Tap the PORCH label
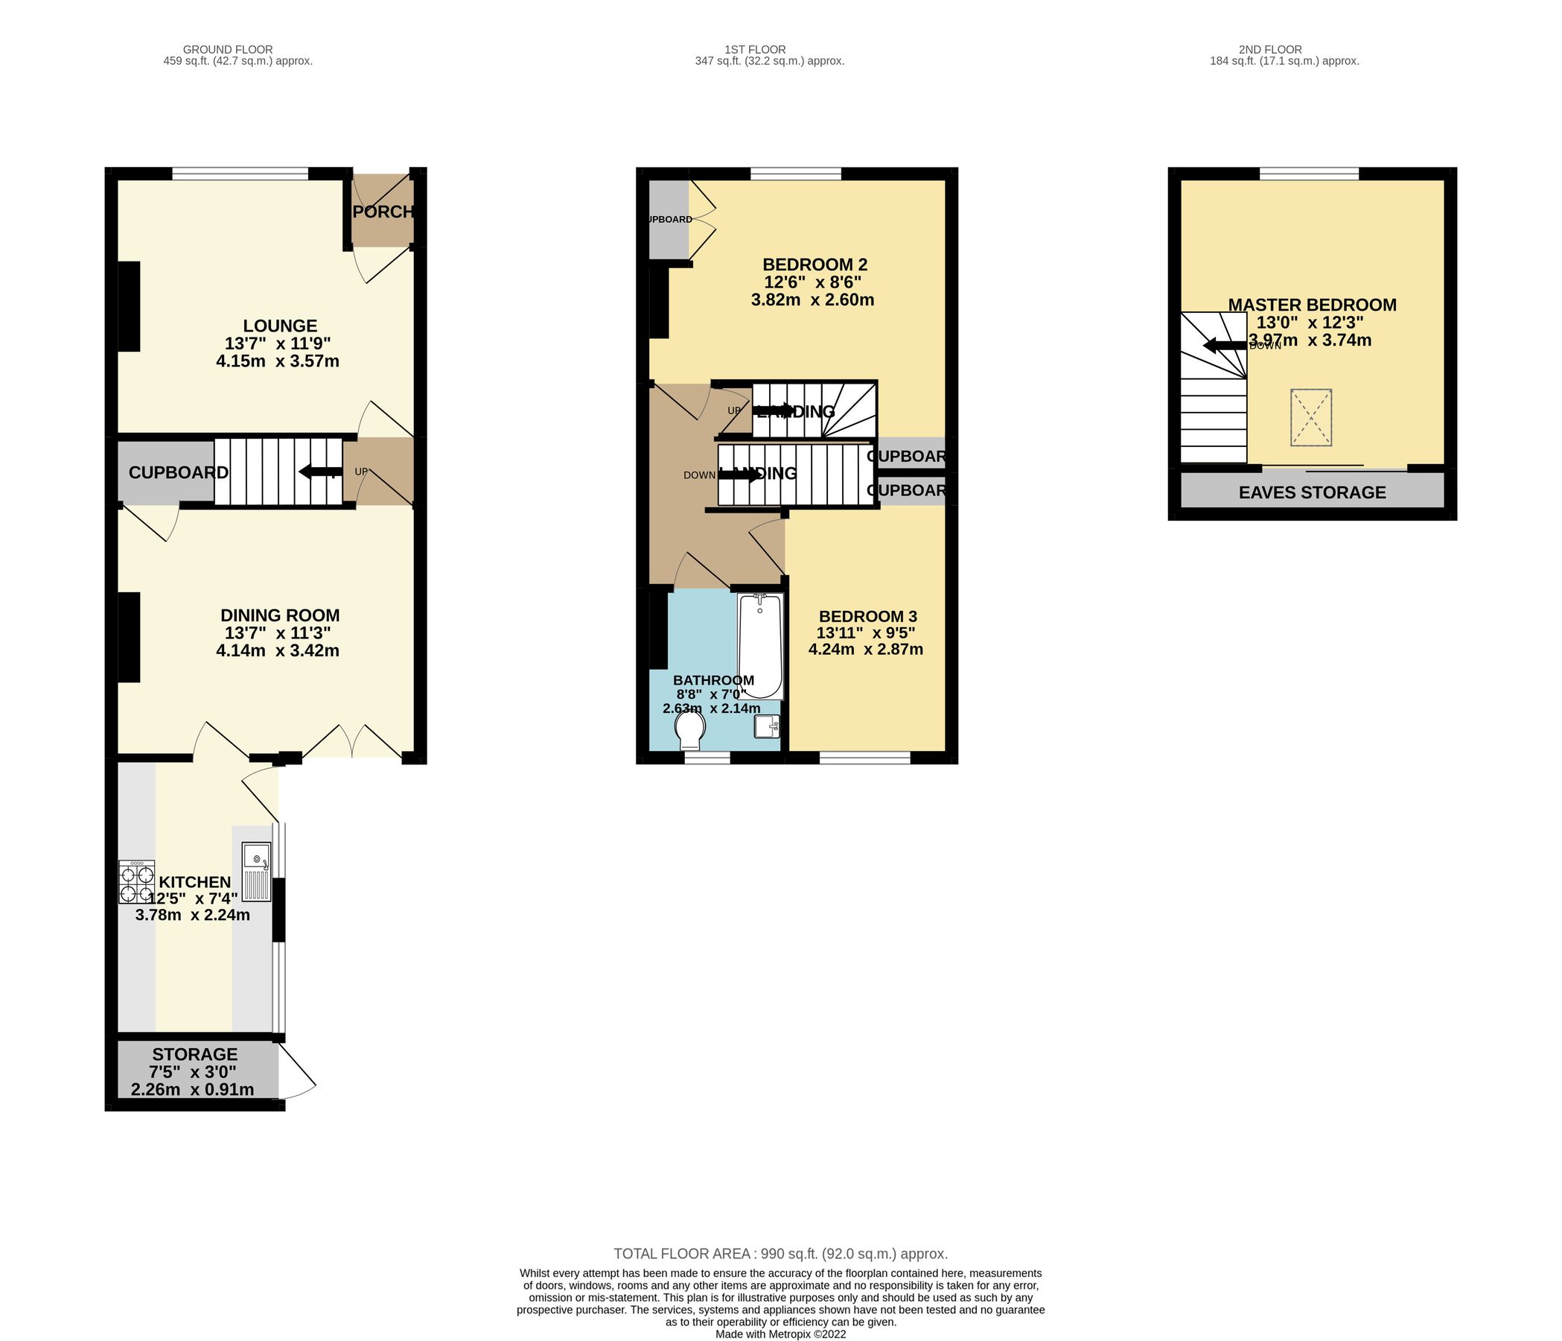pos(383,212)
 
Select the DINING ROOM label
pos(280,615)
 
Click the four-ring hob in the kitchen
pos(136,881)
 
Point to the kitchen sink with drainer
pos(256,872)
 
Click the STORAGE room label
pos(194,1054)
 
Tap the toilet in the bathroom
pos(689,729)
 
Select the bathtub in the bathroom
pos(760,647)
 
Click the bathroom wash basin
pos(767,727)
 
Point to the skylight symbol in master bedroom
pos(1311,417)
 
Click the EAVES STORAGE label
pos(1312,492)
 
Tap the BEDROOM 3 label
pos(867,616)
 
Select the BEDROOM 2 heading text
pos(815,264)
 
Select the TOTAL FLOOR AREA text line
pos(780,1254)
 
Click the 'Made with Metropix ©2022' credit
pos(780,1334)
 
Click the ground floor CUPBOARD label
pos(178,473)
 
